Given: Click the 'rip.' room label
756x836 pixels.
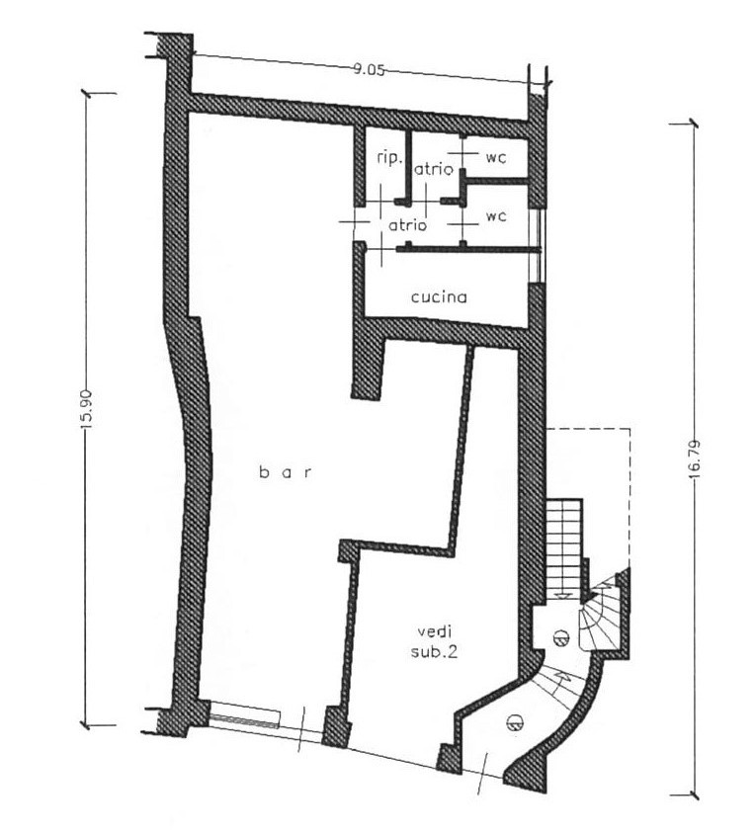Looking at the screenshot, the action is click(x=388, y=158).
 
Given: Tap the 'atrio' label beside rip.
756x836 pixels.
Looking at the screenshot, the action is click(x=434, y=170).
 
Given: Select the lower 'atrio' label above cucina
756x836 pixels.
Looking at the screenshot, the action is click(x=408, y=225).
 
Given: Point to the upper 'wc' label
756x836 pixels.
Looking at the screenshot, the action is click(x=495, y=158).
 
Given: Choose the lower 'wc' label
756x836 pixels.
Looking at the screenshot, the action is click(x=496, y=216).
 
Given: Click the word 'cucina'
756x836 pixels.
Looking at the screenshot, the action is click(x=439, y=297).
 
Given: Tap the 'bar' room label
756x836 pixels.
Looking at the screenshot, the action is click(x=285, y=472).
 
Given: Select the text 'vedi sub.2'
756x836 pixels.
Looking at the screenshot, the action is click(x=434, y=642).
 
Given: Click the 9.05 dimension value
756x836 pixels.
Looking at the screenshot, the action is click(x=369, y=69).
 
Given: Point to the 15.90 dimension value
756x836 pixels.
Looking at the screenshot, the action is click(x=87, y=408).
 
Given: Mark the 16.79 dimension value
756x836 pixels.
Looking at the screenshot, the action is click(x=695, y=459).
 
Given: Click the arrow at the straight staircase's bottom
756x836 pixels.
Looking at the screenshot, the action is click(x=562, y=596).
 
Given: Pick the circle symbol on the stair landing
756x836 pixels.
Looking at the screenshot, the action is click(x=559, y=636).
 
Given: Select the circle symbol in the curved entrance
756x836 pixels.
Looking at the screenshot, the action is click(x=515, y=722).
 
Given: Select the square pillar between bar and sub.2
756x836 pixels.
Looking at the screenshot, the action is click(x=337, y=727).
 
